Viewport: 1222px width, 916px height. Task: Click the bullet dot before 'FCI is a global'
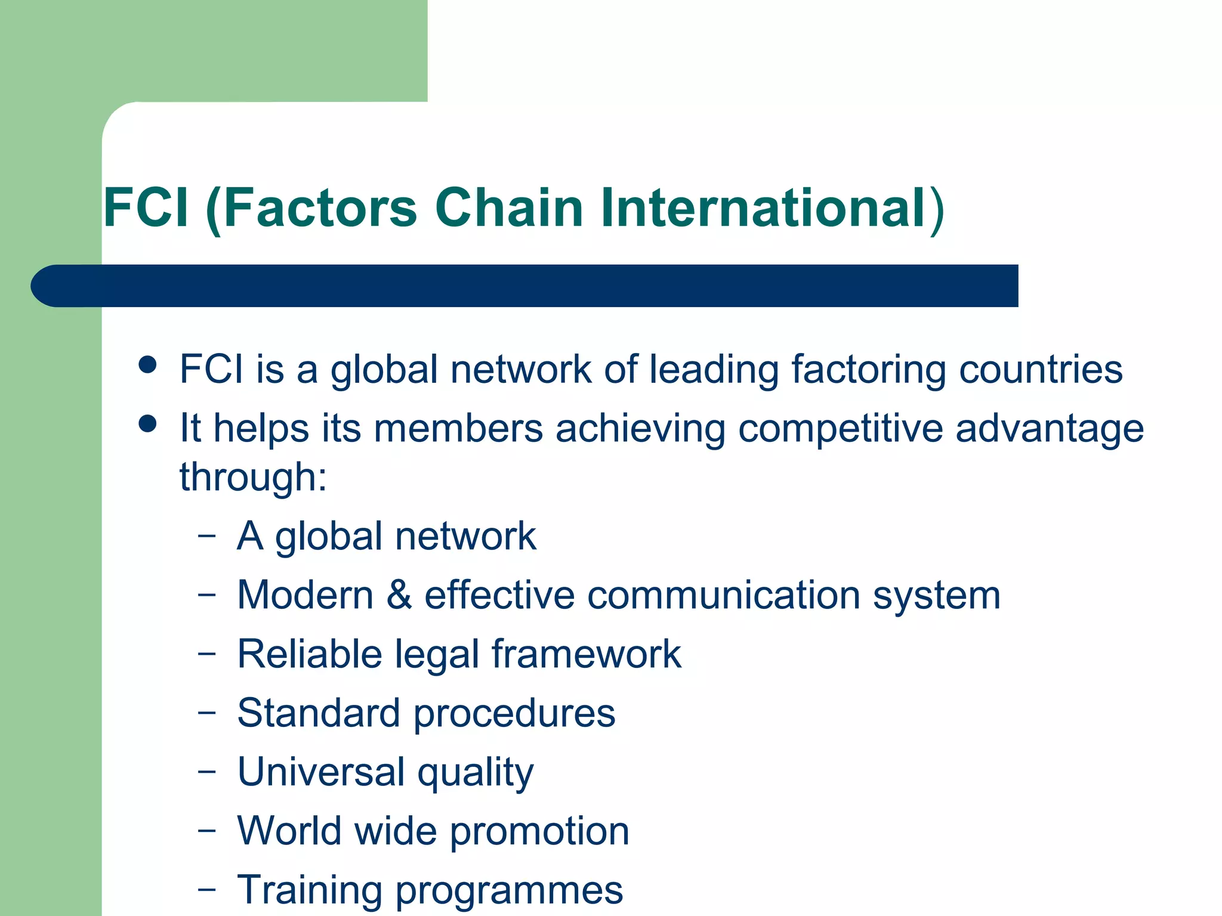[147, 364]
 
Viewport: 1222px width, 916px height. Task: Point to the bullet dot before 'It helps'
[147, 424]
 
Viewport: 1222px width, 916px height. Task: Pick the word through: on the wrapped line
[254, 478]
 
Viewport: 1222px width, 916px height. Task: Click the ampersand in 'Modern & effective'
[399, 595]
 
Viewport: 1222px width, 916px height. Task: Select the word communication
[723, 595]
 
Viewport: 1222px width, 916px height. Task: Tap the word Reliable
[310, 654]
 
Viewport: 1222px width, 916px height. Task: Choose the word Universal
[321, 772]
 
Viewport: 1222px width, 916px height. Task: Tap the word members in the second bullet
[458, 429]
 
